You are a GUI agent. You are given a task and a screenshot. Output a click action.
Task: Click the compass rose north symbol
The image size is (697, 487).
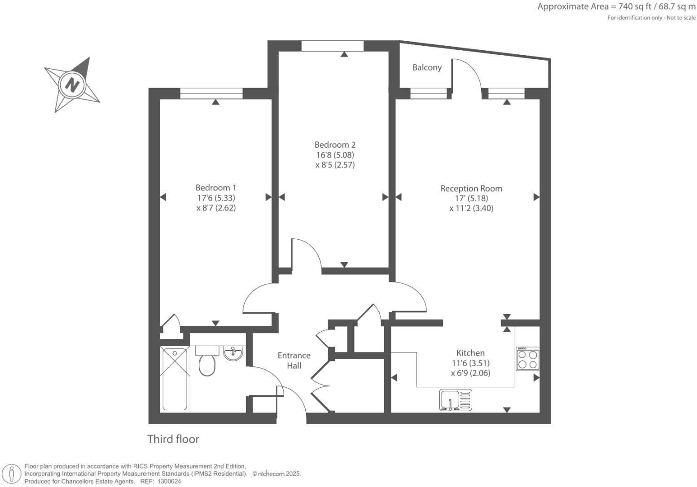[x=72, y=84]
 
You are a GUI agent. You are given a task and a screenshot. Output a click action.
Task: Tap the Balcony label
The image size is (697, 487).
[x=427, y=67]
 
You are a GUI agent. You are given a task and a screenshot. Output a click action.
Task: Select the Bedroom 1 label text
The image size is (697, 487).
[x=215, y=188]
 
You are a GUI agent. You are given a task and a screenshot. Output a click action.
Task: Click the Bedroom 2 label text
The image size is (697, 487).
[x=335, y=145]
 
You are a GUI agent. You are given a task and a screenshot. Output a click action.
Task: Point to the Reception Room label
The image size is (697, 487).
[x=471, y=189]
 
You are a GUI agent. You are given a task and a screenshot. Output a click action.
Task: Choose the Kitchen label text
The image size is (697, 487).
[x=470, y=353]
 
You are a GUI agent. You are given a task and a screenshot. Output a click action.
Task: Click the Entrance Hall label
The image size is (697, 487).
[x=294, y=360]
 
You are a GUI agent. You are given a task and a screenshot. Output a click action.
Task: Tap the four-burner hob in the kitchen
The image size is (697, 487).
[x=527, y=358]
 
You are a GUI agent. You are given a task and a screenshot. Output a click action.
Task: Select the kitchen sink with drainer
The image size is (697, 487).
[x=456, y=400]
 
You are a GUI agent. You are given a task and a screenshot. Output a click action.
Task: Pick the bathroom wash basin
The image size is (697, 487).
[x=233, y=353]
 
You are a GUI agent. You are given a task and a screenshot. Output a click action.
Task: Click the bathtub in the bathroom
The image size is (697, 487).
[x=175, y=379]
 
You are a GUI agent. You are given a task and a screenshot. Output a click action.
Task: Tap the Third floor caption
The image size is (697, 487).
[x=173, y=439]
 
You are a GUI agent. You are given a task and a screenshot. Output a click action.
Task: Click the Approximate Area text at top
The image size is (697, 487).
[x=616, y=7]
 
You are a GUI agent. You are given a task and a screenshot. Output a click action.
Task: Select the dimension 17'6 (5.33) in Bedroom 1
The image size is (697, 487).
[x=216, y=198]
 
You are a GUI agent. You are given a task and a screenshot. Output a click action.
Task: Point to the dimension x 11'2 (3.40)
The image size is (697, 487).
[x=471, y=208]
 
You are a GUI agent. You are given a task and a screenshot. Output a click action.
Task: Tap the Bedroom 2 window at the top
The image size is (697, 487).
[x=332, y=45]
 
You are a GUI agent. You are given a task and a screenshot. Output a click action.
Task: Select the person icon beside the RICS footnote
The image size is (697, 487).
[x=12, y=474]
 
